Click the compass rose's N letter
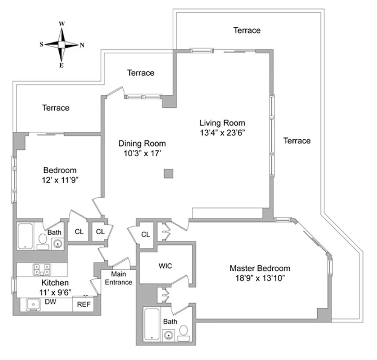coord(82,45)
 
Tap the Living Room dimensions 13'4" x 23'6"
coord(222,132)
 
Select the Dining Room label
coord(142,144)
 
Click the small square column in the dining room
coord(169,174)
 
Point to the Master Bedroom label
coord(260,268)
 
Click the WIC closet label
coord(165,266)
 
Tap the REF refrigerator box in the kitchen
coord(84,305)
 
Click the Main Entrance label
coord(119,278)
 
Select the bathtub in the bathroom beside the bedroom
coord(25,236)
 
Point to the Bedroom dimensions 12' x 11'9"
coord(60,180)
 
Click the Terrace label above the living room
coord(247,30)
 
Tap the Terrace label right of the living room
coord(297,141)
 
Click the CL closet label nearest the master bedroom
coord(145,235)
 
